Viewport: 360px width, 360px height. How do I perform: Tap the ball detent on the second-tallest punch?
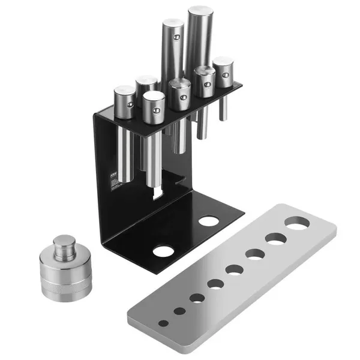tap(176, 37)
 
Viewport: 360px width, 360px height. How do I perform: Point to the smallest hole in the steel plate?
tap(163, 323)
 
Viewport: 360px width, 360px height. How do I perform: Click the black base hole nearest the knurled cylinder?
tap(162, 251)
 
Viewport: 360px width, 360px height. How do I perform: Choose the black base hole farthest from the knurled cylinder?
tap(208, 221)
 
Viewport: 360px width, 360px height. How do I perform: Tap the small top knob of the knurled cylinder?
tap(64, 243)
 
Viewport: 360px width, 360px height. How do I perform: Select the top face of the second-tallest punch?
tap(172, 23)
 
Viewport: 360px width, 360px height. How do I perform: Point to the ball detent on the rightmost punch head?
tap(226, 77)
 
